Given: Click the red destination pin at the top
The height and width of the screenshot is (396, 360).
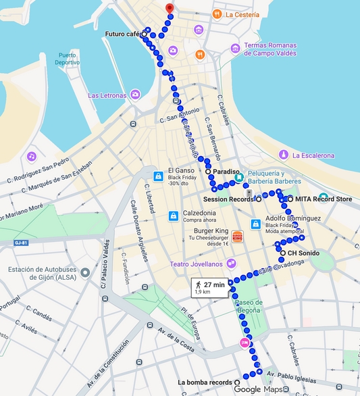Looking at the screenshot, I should tap(170, 9).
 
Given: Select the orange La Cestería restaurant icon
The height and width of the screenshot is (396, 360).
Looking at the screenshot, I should tap(216, 14).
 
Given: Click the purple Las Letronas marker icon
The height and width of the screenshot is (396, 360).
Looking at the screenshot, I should tap(136, 95).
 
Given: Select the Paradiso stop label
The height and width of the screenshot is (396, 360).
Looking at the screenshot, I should tap(226, 172).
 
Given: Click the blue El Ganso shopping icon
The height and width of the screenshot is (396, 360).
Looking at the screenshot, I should tap(157, 176).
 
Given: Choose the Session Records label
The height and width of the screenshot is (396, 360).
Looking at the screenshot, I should tap(228, 199).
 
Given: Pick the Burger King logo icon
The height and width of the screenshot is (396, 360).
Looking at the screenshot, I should tap(237, 236).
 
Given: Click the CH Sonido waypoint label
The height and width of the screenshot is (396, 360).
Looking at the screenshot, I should tap(303, 253).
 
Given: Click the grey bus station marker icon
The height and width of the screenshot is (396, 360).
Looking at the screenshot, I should tap(85, 274).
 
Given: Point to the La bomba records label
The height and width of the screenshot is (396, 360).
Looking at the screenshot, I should tap(205, 382).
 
